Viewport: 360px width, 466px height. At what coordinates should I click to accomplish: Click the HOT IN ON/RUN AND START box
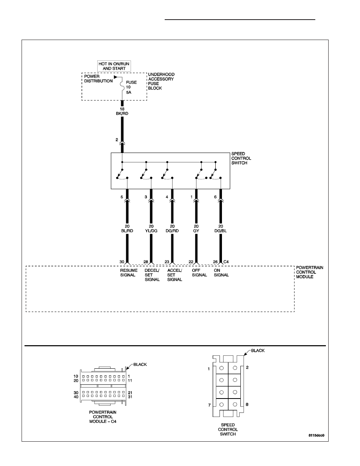(114, 66)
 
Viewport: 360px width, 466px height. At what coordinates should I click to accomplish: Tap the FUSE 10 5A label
(131, 87)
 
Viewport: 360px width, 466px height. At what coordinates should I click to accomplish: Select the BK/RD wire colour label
(122, 113)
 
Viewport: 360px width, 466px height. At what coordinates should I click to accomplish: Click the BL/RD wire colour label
(127, 231)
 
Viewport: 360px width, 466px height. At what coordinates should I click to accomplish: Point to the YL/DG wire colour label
(151, 231)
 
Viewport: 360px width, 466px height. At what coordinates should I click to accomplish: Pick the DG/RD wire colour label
(172, 231)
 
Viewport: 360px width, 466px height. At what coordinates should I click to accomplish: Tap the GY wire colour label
(196, 231)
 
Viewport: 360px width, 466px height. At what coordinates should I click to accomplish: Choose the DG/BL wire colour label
(221, 231)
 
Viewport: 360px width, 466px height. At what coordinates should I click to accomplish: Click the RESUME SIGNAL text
(129, 273)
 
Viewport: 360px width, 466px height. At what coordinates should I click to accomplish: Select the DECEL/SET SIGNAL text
(152, 275)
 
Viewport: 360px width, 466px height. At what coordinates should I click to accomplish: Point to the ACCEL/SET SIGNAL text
(175, 275)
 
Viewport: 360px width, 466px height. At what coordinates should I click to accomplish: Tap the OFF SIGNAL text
(199, 273)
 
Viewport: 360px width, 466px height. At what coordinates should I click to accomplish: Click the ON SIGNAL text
(221, 273)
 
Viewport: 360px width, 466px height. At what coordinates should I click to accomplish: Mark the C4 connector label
(226, 262)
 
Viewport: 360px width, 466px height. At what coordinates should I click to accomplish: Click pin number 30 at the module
(122, 262)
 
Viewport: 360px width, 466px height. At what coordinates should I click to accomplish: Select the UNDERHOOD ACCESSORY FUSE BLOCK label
(161, 81)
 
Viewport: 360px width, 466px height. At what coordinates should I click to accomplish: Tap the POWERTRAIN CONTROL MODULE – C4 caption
(103, 417)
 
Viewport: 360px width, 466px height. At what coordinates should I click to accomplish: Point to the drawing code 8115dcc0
(316, 436)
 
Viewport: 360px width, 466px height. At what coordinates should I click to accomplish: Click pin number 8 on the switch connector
(247, 404)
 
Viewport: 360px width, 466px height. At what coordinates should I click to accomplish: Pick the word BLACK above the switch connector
(258, 350)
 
